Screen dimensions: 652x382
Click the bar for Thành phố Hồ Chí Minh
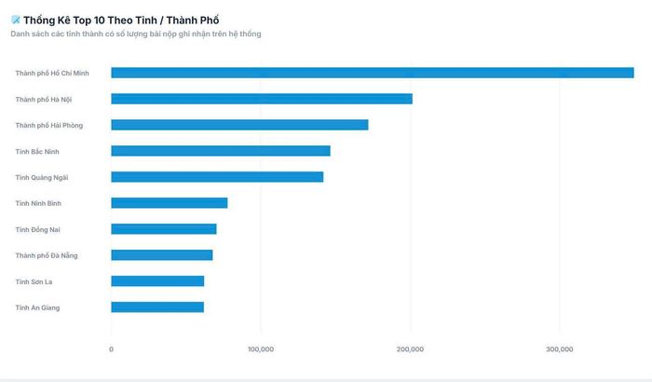pyautogui.click(x=373, y=73)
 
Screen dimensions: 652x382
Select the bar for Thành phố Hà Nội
pyautogui.click(x=262, y=99)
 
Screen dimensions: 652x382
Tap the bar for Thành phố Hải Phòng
pyautogui.click(x=239, y=125)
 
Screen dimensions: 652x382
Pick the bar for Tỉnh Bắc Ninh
pyautogui.click(x=221, y=151)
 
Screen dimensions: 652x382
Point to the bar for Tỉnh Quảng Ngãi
pyautogui.click(x=217, y=177)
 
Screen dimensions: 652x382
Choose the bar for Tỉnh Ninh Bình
pyautogui.click(x=170, y=203)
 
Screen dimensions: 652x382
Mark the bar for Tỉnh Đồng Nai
pyautogui.click(x=164, y=229)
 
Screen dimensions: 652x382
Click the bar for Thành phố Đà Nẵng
pyautogui.click(x=162, y=255)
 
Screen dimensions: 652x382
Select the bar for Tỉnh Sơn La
pyautogui.click(x=157, y=281)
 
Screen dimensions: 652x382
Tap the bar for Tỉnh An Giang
pyautogui.click(x=157, y=307)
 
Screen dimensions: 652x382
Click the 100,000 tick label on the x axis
pyautogui.click(x=261, y=349)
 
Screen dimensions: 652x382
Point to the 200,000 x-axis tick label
pyautogui.click(x=410, y=349)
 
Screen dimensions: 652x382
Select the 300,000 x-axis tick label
pyautogui.click(x=559, y=349)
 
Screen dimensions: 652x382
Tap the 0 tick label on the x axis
pyautogui.click(x=111, y=349)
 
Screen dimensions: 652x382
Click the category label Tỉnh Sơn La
pyautogui.click(x=34, y=281)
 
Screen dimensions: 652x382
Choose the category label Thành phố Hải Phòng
pyautogui.click(x=49, y=125)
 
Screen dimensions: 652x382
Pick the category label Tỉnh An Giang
pyautogui.click(x=37, y=308)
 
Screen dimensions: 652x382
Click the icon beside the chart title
pyautogui.click(x=16, y=20)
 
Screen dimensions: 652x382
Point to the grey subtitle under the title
pyautogui.click(x=136, y=34)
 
